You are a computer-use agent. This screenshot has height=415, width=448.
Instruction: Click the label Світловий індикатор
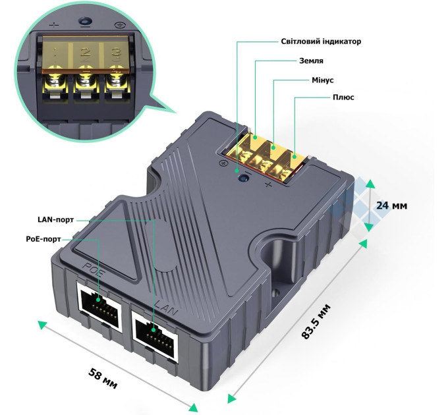pyautogui.click(x=320, y=41)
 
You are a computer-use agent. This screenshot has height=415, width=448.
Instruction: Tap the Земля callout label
pyautogui.click(x=311, y=61)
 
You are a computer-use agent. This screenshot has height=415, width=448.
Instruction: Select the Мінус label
pyautogui.click(x=322, y=79)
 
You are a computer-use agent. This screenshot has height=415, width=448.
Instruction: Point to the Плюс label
pyautogui.click(x=343, y=97)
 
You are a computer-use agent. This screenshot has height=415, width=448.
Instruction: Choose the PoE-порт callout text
pyautogui.click(x=39, y=240)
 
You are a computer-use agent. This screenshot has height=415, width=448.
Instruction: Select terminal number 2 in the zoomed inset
pyautogui.click(x=86, y=53)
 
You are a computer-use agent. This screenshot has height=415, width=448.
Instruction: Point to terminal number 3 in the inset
pyautogui.click(x=116, y=53)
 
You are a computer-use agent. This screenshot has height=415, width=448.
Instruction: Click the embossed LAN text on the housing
pyautogui.click(x=163, y=306)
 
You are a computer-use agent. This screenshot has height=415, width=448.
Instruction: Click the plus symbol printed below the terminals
pyautogui.click(x=268, y=186)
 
